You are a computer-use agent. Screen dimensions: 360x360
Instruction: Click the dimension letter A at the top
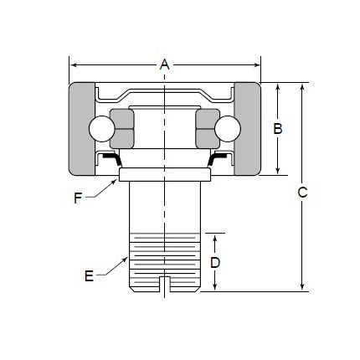click(165, 64)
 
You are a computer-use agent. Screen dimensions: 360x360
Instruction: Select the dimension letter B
click(278, 129)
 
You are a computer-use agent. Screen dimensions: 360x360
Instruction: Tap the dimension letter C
click(302, 192)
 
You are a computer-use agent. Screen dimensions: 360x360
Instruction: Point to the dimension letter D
click(215, 263)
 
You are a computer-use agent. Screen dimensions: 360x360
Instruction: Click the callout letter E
click(89, 276)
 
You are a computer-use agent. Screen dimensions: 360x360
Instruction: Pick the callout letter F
click(78, 198)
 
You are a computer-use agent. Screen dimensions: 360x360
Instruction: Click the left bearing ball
click(101, 129)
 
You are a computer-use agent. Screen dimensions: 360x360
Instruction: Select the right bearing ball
click(228, 129)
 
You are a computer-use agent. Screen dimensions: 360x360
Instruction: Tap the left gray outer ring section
click(81, 129)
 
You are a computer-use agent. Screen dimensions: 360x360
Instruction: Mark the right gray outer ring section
click(248, 129)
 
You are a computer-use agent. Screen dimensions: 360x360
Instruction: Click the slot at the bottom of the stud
click(165, 284)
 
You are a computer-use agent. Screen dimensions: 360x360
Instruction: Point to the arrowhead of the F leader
click(115, 182)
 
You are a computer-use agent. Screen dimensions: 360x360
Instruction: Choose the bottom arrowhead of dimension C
click(302, 286)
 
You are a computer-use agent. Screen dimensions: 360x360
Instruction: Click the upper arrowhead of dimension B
click(278, 88)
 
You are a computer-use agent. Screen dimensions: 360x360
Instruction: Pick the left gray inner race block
click(122, 128)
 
